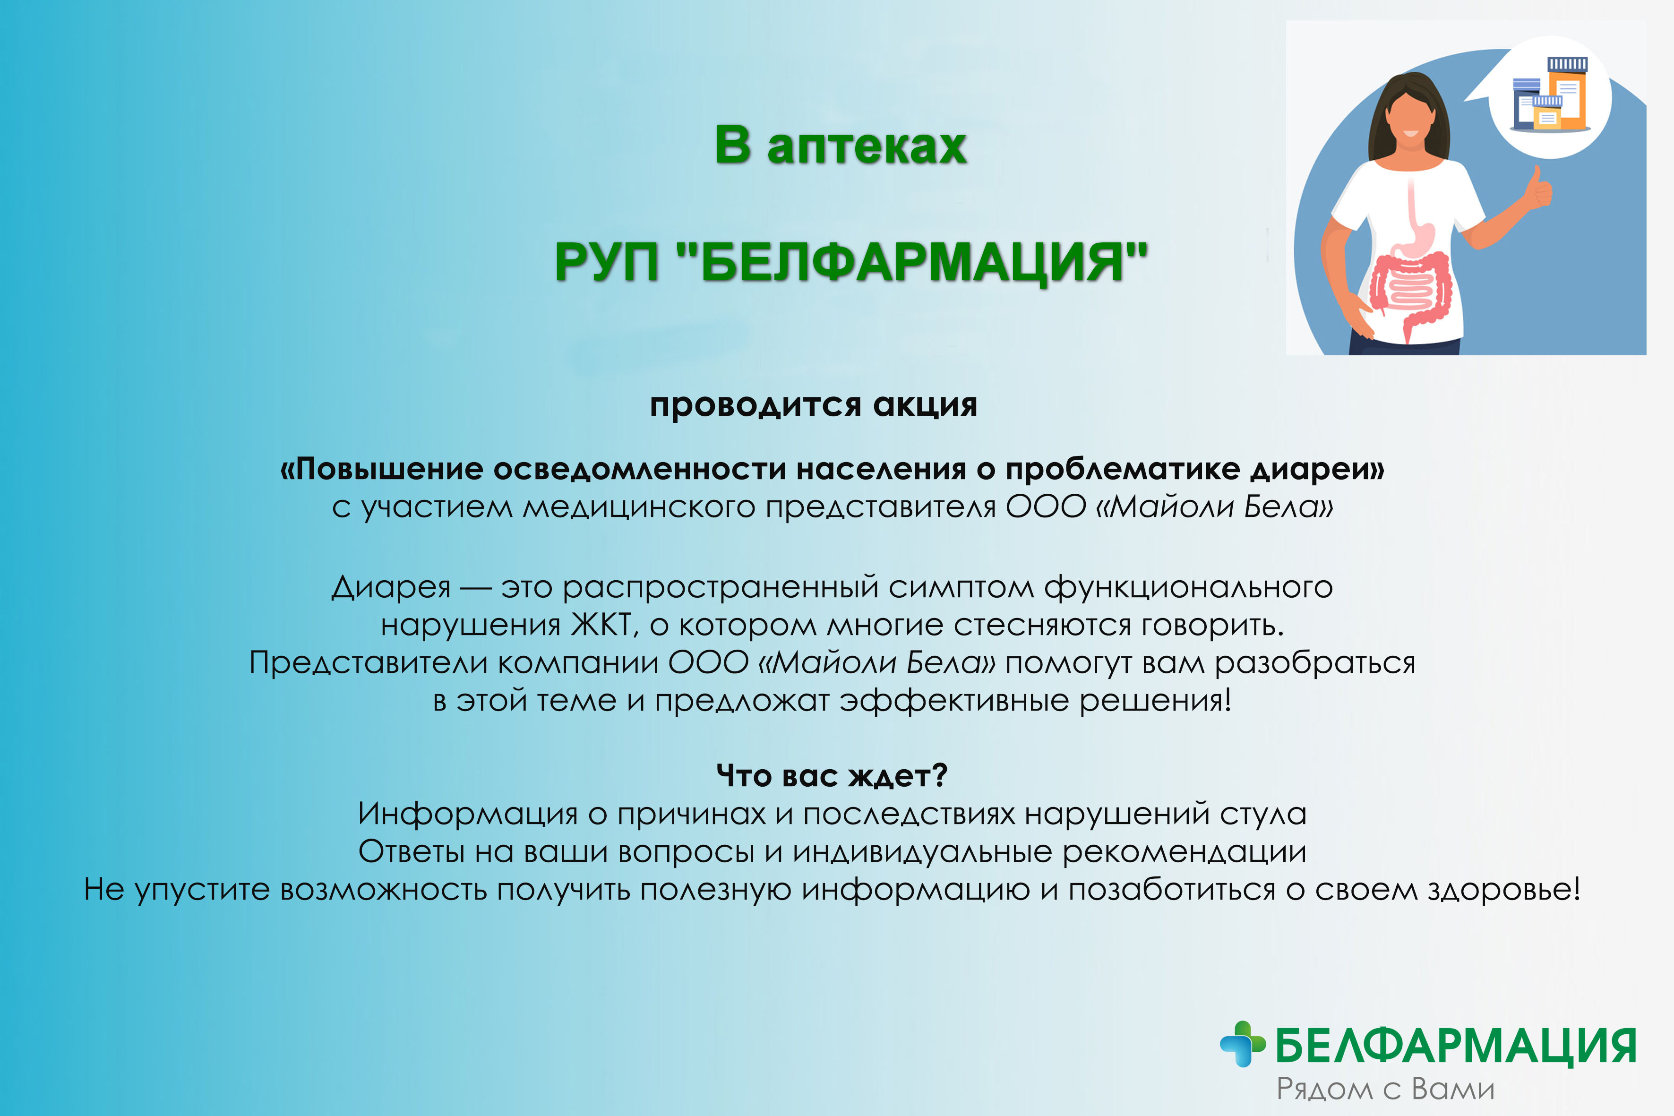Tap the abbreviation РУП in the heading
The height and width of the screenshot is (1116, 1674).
(x=606, y=262)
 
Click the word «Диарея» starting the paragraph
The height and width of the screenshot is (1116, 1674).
(x=391, y=588)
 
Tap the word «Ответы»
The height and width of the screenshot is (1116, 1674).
(x=412, y=851)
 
